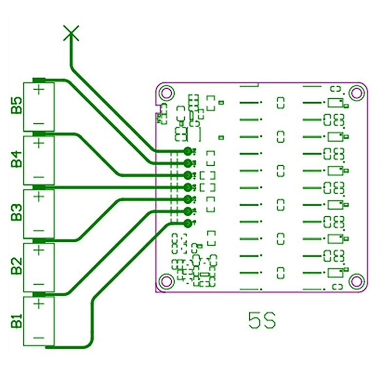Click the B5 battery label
coord(17,105)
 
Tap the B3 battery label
coord(17,212)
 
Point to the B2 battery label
coord(17,266)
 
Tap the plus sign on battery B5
coord(39,89)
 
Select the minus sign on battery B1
coord(39,338)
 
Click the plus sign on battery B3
coord(39,197)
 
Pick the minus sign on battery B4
coord(39,177)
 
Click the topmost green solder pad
coord(188,151)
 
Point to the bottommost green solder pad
coord(188,224)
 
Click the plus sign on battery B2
coord(39,250)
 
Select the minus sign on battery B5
coord(39,123)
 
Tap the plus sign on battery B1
coord(39,304)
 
